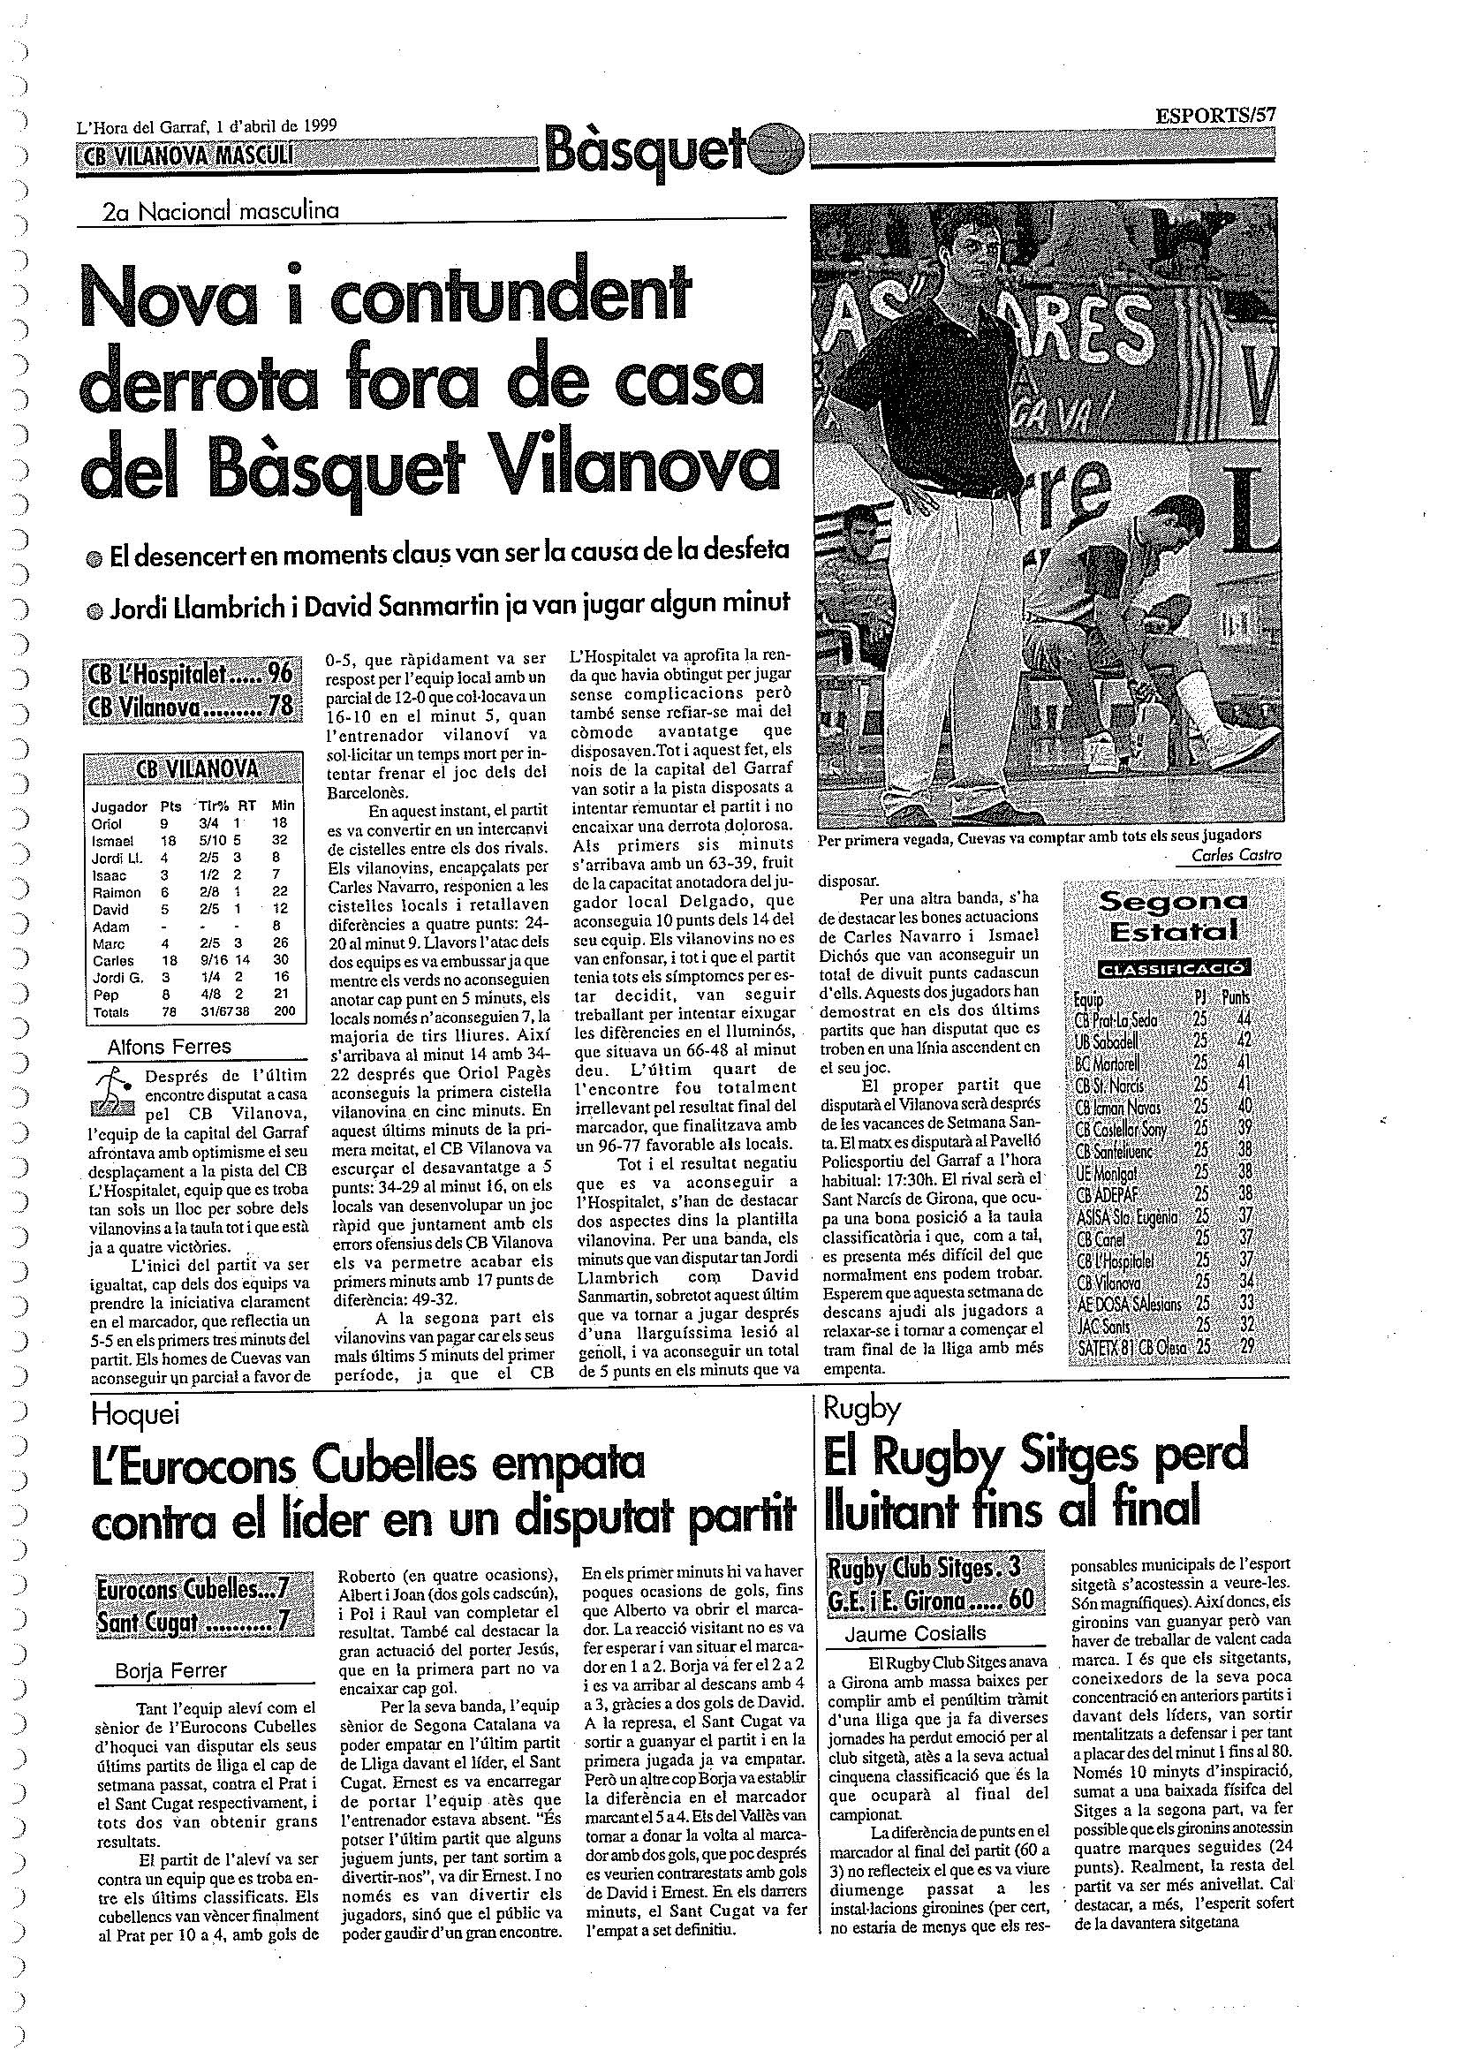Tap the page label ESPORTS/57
click(x=1215, y=114)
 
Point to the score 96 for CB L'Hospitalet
click(x=281, y=677)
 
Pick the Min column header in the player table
click(x=284, y=806)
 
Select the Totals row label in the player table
click(x=110, y=1011)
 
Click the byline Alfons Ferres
click(x=169, y=1046)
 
